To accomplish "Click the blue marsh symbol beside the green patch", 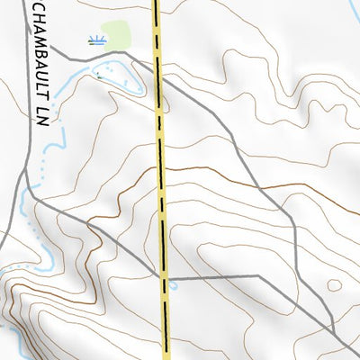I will click(x=97, y=40).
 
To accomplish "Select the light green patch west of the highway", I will click(x=116, y=34).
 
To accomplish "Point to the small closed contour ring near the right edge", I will click(x=335, y=285).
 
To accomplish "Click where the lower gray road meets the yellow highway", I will click(x=165, y=276).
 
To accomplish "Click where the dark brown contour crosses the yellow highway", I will click(x=162, y=167).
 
